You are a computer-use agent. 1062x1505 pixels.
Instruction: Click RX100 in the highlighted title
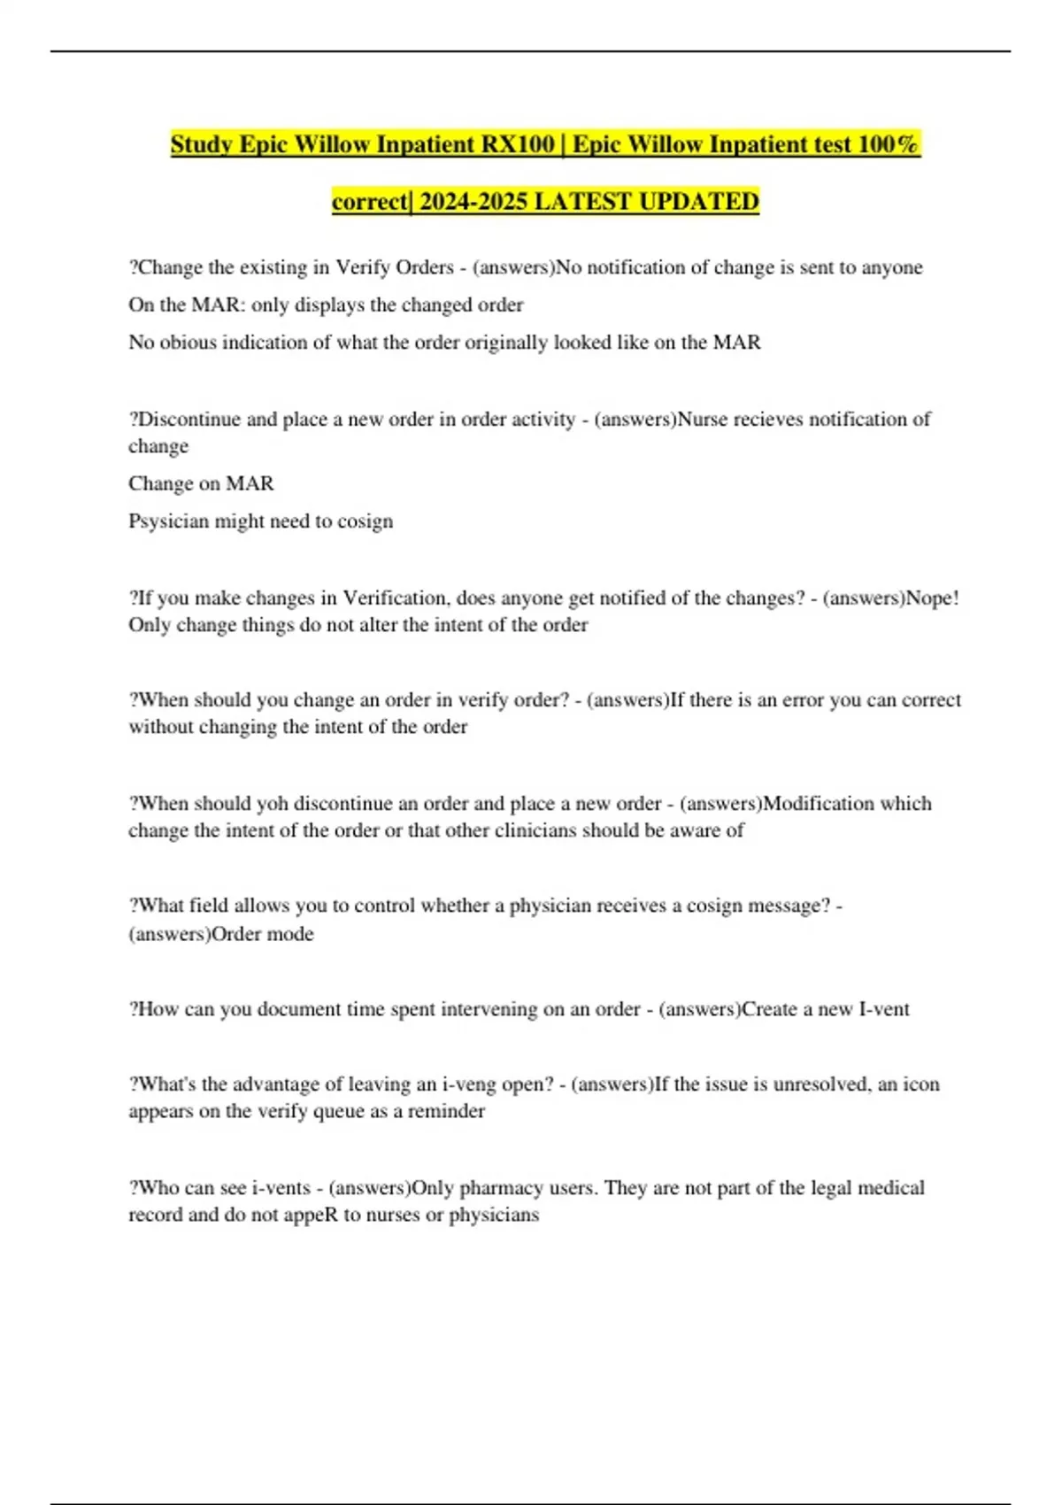[x=519, y=144]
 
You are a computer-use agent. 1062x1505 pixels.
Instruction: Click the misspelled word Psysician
[x=168, y=521]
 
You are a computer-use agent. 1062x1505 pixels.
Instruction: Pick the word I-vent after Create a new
[x=884, y=1009]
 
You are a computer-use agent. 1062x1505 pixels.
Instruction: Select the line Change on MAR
[x=201, y=483]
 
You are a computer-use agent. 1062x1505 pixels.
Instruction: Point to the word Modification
[x=819, y=804]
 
